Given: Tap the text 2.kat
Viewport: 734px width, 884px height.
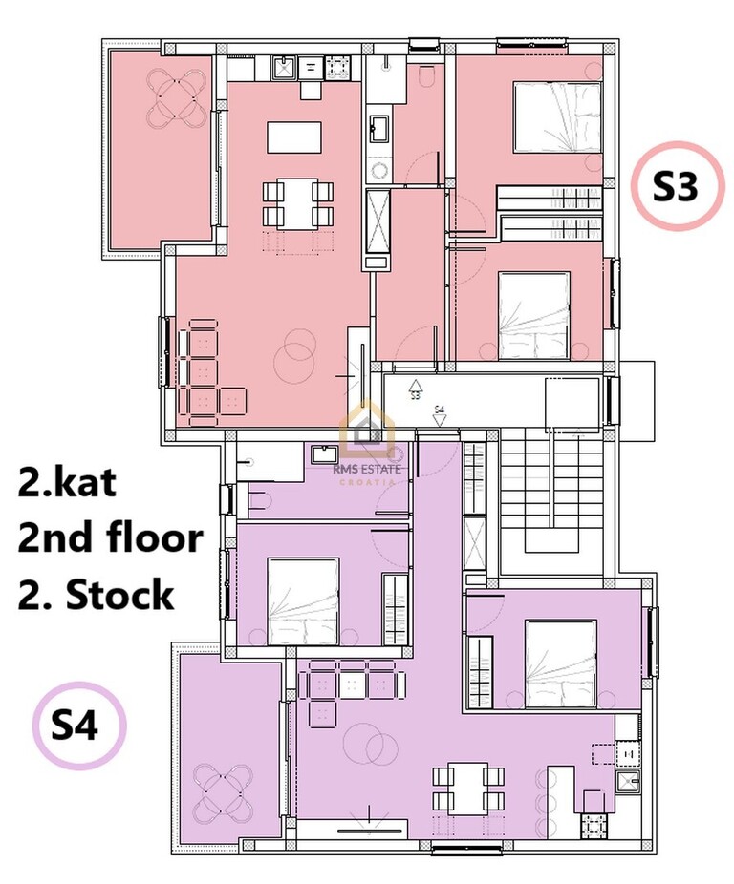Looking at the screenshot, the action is tap(67, 483).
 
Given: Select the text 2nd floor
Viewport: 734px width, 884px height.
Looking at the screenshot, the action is tap(110, 537).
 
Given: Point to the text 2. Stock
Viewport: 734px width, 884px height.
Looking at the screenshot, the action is tap(96, 594).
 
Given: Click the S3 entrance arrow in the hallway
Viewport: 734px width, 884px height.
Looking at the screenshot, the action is tap(416, 389).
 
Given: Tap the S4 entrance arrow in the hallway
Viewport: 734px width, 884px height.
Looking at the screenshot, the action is tap(440, 415).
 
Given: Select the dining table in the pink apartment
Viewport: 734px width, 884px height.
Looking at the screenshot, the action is tap(297, 203).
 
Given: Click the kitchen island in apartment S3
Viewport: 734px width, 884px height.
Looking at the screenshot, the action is tap(294, 137).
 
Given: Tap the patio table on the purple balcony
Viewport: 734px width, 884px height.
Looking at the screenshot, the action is tap(224, 794).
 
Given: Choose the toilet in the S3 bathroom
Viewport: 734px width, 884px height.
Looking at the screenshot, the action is tap(427, 76).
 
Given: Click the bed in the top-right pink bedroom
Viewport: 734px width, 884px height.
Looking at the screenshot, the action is tap(556, 117).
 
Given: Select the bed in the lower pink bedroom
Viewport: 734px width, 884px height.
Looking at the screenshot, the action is tap(533, 316).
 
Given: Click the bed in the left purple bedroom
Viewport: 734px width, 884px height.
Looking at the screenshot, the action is tap(304, 601).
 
